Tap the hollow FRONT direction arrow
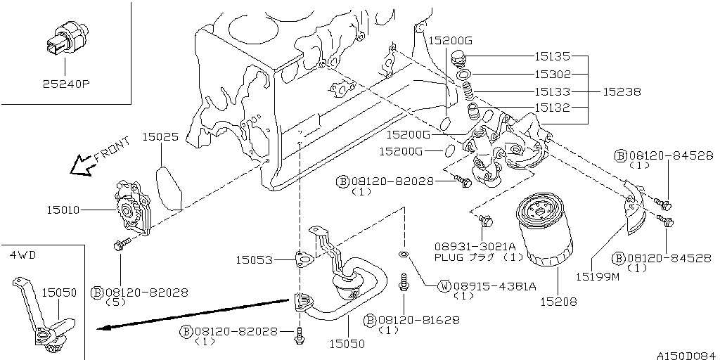point(82,165)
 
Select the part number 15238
point(622,92)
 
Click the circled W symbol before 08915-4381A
point(444,287)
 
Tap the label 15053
point(254,260)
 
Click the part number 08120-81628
point(418,320)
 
